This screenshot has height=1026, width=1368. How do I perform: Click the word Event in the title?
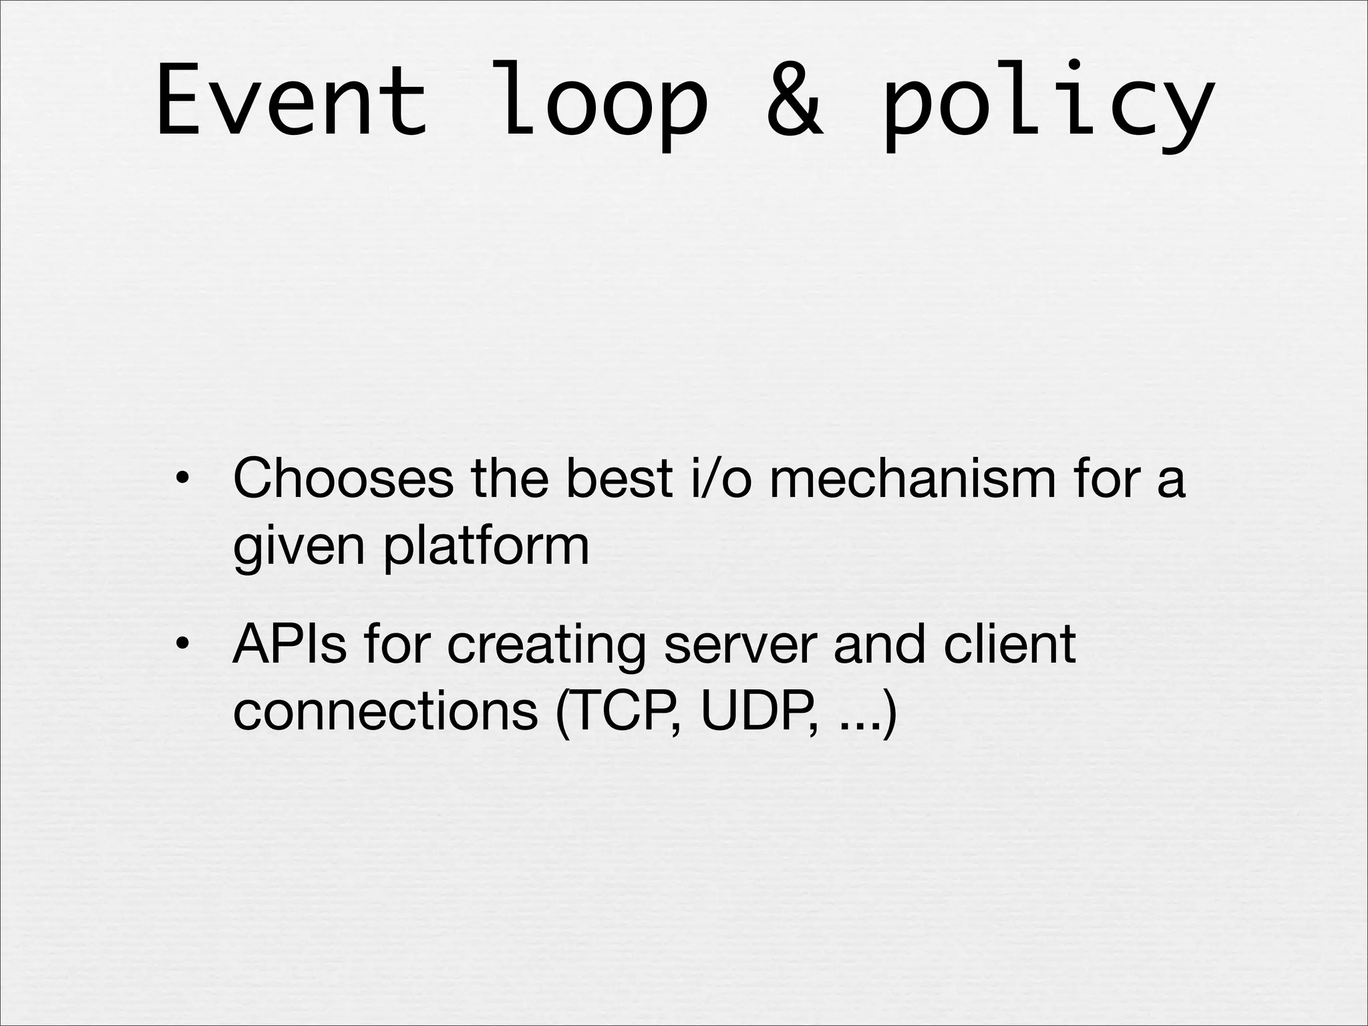(291, 100)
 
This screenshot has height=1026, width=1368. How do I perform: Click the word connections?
(385, 711)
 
